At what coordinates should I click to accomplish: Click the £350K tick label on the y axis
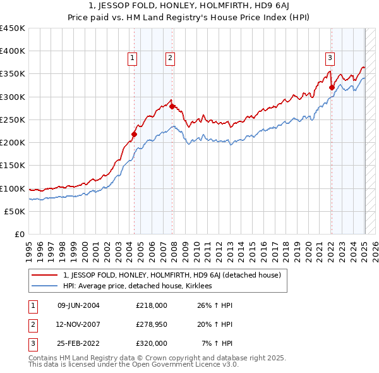[x=13, y=74]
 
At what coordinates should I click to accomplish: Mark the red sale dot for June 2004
[x=134, y=134]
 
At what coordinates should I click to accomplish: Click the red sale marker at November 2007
[x=172, y=106]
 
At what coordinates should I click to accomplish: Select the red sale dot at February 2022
[x=332, y=87]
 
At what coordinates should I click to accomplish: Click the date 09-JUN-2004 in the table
[x=78, y=305]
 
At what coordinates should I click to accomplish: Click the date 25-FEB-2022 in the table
[x=78, y=343]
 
